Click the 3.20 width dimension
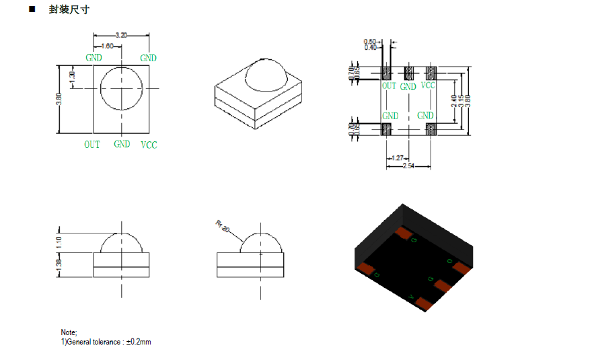tap(122, 34)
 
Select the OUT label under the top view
tap(92, 145)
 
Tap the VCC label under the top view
tap(149, 145)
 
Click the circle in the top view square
tap(122, 88)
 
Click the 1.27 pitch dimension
tap(397, 158)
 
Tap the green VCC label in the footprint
tap(428, 85)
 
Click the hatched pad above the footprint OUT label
tap(387, 72)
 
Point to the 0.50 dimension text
tap(370, 42)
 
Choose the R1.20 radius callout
tap(223, 226)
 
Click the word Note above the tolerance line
tap(69, 332)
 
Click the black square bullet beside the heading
tap(32, 10)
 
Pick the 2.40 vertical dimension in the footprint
tap(455, 100)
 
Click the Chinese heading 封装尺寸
tap(69, 10)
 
